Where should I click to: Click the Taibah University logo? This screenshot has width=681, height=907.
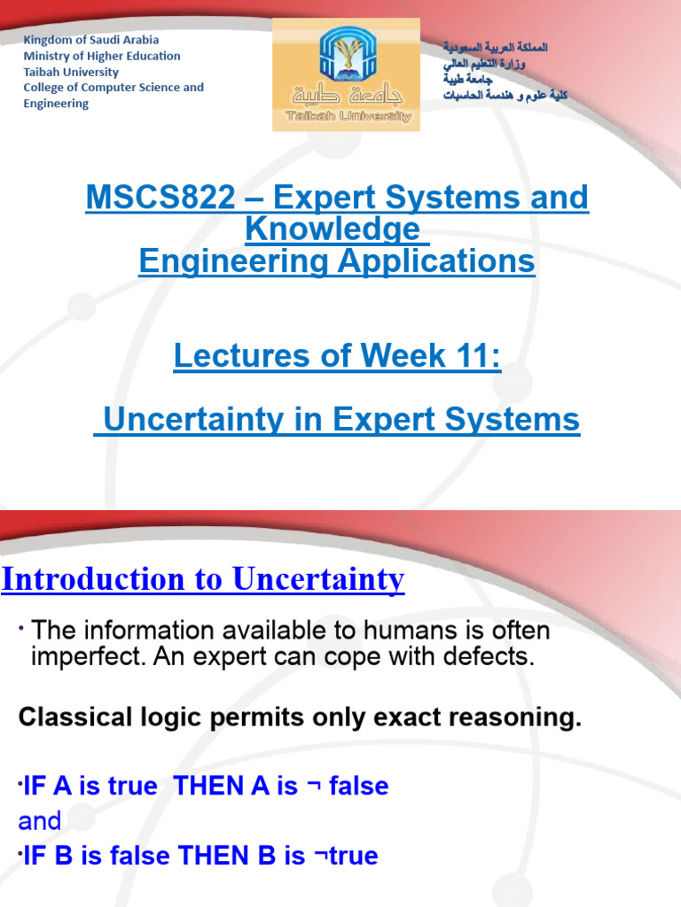pyautogui.click(x=346, y=74)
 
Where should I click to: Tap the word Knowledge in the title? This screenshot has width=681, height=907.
pyautogui.click(x=332, y=229)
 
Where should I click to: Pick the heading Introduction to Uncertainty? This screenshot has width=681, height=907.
pyautogui.click(x=203, y=579)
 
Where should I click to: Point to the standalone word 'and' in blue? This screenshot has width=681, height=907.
pyautogui.click(x=40, y=821)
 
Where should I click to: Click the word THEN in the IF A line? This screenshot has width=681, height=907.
pyautogui.click(x=211, y=786)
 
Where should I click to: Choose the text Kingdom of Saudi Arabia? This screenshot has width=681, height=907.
pyautogui.click(x=90, y=40)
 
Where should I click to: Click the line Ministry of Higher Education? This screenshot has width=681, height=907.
pyautogui.click(x=101, y=56)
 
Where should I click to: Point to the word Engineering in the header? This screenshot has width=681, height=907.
pyautogui.click(x=56, y=104)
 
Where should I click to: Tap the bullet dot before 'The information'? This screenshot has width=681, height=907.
pyautogui.click(x=21, y=628)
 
